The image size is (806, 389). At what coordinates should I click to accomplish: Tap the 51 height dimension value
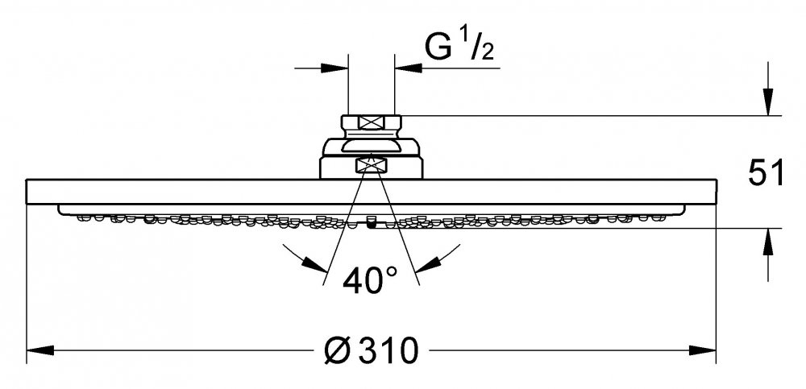pyautogui.click(x=767, y=172)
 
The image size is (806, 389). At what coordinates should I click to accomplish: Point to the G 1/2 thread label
pyautogui.click(x=459, y=47)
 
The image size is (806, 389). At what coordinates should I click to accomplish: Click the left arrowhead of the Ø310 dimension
pyautogui.click(x=40, y=351)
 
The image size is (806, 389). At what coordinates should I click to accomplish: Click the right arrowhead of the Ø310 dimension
pyautogui.click(x=702, y=351)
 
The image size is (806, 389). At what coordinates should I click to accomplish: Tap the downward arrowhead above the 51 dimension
pyautogui.click(x=768, y=101)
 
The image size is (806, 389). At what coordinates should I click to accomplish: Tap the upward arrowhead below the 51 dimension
pyautogui.click(x=768, y=242)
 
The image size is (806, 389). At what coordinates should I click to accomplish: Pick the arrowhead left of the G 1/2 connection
pyautogui.click(x=334, y=68)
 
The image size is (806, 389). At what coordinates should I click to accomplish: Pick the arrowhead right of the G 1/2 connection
pyautogui.click(x=408, y=68)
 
